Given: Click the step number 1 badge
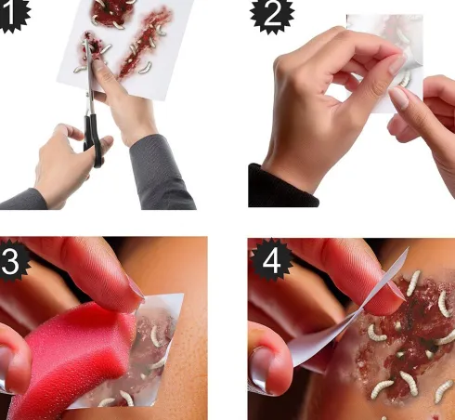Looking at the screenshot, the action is (11, 14).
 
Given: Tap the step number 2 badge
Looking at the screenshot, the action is (272, 15).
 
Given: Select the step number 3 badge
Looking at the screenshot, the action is (12, 259).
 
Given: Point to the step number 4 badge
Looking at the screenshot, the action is (271, 260).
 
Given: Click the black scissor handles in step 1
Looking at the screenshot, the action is (94, 139).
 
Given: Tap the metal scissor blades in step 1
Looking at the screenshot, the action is (89, 77).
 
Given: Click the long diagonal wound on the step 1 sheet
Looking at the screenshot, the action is (145, 44).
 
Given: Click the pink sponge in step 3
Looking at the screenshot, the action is (71, 356).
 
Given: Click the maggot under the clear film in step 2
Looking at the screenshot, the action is (405, 78).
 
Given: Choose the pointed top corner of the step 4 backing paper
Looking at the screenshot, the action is (409, 247).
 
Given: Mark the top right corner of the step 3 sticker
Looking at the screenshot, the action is (183, 295).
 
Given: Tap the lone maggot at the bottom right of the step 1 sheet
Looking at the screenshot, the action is (146, 68).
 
